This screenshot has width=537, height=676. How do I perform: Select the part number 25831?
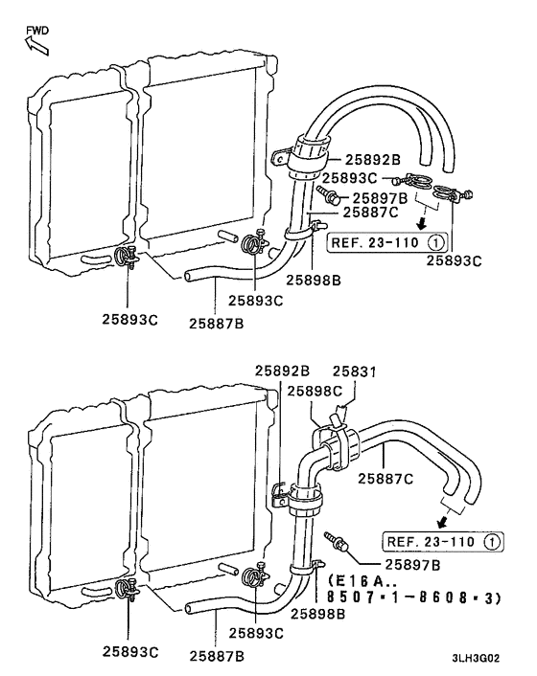point(356,371)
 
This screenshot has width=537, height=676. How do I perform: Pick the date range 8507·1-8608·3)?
point(414,597)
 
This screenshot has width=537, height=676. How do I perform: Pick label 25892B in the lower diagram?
point(282,371)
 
